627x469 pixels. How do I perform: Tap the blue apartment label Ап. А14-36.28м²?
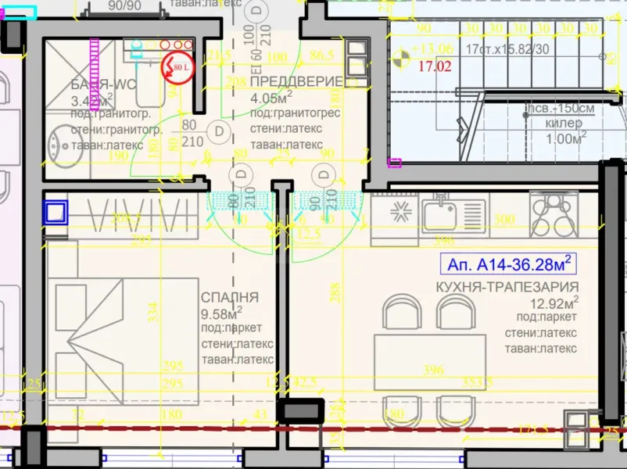[508, 261]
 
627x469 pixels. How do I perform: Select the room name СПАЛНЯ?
[229, 298]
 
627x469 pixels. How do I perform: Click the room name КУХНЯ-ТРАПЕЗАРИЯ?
[507, 287]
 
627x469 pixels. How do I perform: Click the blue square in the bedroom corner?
[56, 213]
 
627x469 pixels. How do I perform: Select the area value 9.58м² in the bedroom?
[222, 314]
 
